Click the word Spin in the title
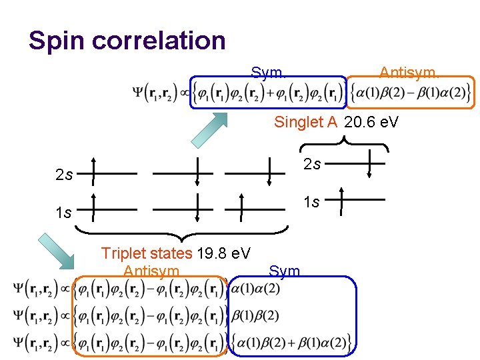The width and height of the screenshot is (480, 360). point(57,41)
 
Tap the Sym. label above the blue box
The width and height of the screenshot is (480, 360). point(269,73)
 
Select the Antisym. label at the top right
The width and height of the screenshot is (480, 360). point(409,73)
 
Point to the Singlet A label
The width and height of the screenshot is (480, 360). point(306,122)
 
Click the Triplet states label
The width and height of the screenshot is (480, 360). point(146,253)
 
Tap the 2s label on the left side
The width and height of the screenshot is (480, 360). point(65,176)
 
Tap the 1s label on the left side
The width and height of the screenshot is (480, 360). point(64,213)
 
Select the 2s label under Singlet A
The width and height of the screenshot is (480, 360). point(312,164)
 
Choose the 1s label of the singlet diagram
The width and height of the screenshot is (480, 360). point(312,201)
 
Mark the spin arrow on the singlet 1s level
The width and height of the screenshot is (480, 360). point(341,201)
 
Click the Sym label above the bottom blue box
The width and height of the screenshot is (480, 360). point(284,271)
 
